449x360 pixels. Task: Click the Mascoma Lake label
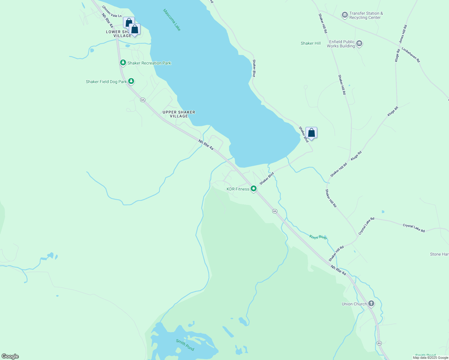(172, 20)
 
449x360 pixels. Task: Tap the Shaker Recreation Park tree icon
(123, 63)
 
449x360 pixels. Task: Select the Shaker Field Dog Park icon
(131, 81)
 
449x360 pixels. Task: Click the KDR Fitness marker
(254, 189)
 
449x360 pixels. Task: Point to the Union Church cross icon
(371, 304)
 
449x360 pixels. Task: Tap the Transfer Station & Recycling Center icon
(345, 15)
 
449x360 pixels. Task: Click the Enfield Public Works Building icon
(359, 44)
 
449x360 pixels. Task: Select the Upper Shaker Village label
(179, 114)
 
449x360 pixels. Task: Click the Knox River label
(318, 237)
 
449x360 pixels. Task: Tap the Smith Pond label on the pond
(185, 345)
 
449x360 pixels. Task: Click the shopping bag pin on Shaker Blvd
(312, 133)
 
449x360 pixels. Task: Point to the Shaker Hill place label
(311, 43)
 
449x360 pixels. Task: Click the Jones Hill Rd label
(403, 34)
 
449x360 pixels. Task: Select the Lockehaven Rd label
(411, 55)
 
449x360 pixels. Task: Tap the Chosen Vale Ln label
(112, 11)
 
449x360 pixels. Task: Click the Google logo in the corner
(10, 356)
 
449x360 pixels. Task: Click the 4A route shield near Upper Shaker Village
(143, 100)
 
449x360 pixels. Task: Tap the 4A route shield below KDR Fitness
(275, 211)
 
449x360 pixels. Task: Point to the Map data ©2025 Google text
(430, 357)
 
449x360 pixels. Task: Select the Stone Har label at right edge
(439, 254)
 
